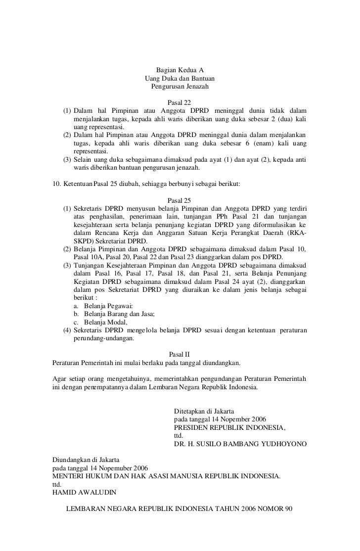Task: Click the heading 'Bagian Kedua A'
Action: [x=180, y=70]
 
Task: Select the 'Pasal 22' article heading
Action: [x=180, y=102]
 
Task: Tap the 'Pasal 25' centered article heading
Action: [x=180, y=200]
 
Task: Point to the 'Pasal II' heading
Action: [x=180, y=355]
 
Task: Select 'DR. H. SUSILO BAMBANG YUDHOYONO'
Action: [x=240, y=444]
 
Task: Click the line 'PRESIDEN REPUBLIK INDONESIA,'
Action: [x=230, y=427]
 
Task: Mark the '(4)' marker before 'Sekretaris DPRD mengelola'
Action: [x=66, y=330]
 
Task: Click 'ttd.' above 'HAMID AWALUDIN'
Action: [x=57, y=485]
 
